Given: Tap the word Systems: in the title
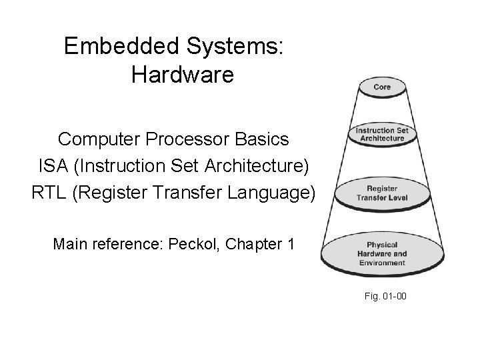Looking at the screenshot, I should (x=239, y=46).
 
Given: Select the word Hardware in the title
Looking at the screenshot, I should (x=182, y=74).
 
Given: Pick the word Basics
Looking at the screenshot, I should (x=265, y=139).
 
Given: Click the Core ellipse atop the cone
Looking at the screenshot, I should (x=381, y=87).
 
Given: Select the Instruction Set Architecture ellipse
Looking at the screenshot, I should (x=381, y=134).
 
